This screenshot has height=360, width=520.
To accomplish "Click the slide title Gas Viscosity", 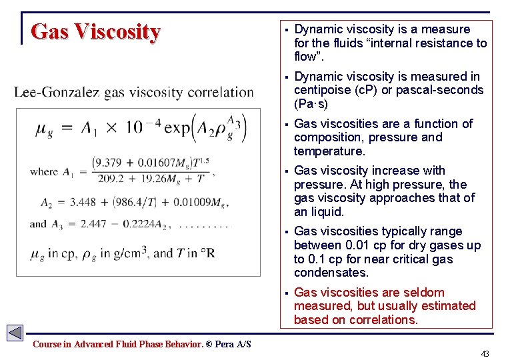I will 95,32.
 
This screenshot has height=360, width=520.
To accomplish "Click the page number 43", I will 485,353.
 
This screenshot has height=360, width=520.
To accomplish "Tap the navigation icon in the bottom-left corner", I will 15,333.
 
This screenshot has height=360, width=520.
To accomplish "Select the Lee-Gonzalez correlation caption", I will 133,92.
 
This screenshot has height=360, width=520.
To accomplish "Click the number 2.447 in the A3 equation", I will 93,224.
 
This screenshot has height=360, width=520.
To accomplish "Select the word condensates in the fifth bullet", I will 331,273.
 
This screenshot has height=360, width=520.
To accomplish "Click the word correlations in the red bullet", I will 384,320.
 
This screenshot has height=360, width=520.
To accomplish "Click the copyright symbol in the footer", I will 209,344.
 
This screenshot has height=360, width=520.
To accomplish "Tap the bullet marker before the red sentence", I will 284,293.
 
